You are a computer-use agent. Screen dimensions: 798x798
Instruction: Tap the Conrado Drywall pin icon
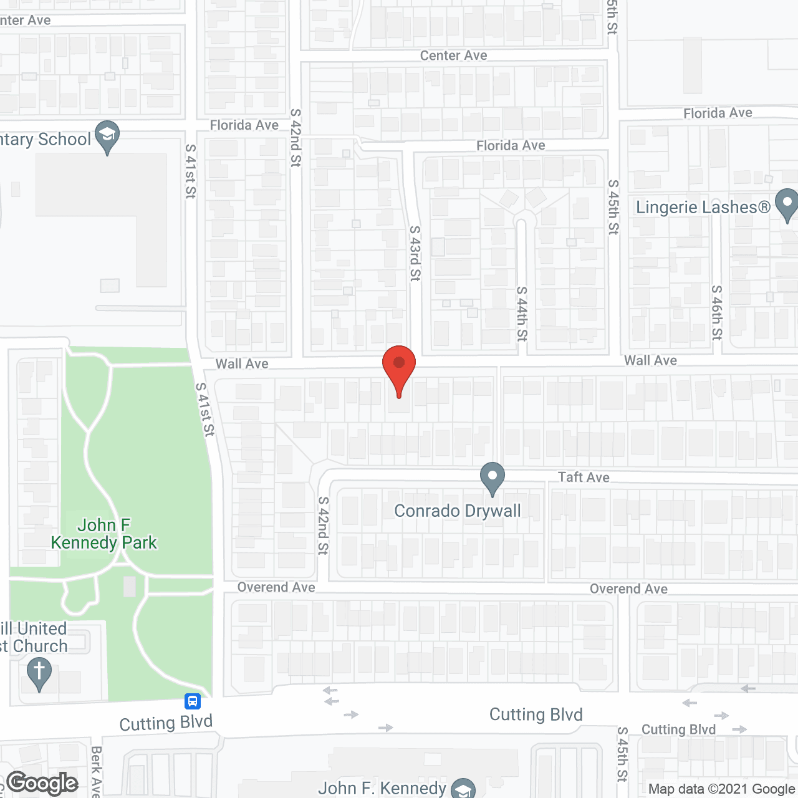tap(493, 478)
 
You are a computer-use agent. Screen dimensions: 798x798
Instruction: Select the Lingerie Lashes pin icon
tap(787, 204)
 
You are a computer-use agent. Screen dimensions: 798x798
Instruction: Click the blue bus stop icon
tap(193, 701)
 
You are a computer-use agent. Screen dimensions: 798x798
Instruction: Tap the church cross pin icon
tap(39, 674)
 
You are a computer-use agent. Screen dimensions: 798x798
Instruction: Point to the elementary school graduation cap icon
tap(107, 136)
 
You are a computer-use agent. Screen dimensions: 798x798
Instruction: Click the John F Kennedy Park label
tap(104, 534)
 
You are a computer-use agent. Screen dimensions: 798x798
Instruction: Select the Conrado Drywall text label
tap(458, 511)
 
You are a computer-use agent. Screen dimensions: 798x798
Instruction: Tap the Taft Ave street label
tap(584, 478)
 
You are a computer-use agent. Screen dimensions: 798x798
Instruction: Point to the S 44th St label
tap(522, 313)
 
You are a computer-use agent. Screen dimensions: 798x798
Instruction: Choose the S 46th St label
tap(718, 312)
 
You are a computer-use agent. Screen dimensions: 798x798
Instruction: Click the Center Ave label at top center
tap(453, 55)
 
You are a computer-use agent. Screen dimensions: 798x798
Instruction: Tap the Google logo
tap(42, 783)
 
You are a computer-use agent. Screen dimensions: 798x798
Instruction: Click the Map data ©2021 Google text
tap(722, 789)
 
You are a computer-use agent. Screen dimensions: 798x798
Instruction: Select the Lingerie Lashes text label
tap(703, 207)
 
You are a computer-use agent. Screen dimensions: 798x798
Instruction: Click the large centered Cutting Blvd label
tap(536, 714)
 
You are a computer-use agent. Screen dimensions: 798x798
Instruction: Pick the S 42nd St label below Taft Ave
tap(323, 525)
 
